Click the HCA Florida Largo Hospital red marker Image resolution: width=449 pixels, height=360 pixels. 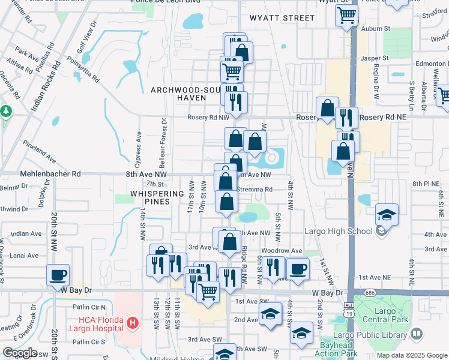pyautogui.click(x=133, y=324)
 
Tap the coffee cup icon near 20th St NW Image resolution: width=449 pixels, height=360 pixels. pyautogui.click(x=58, y=275)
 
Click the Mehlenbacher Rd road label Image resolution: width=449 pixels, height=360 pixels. pyautogui.click(x=51, y=173)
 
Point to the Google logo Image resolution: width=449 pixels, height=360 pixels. pyautogui.click(x=20, y=353)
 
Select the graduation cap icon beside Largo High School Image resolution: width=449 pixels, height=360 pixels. pyautogui.click(x=387, y=215)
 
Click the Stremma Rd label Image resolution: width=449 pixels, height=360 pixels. pyautogui.click(x=255, y=190)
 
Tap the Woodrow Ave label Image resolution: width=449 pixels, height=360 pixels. pyautogui.click(x=281, y=251)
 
